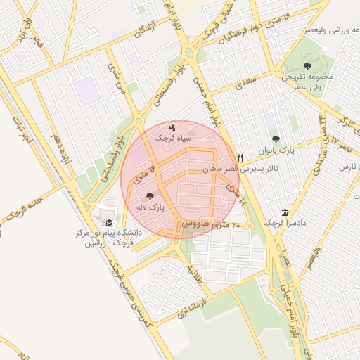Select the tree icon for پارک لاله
tap(148, 196)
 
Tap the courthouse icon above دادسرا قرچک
tap(284, 212)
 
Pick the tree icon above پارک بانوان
tap(275, 139)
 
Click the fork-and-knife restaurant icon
tap(240, 157)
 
